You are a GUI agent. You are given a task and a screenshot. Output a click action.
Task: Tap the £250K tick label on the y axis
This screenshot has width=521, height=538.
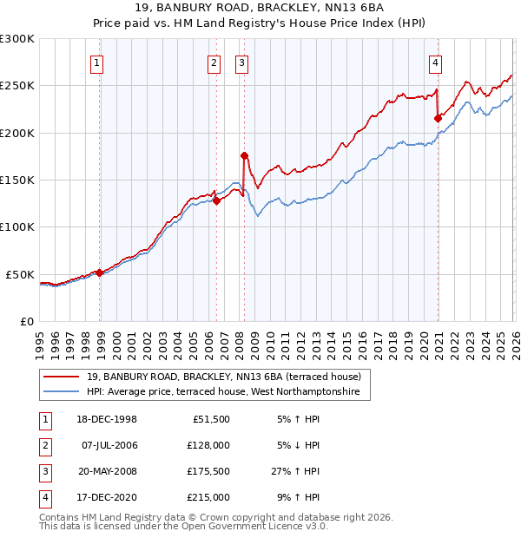[18, 86]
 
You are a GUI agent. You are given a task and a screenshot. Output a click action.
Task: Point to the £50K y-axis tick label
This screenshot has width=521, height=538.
[21, 274]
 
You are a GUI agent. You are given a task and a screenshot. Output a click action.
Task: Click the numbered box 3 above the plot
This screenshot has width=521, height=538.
[241, 62]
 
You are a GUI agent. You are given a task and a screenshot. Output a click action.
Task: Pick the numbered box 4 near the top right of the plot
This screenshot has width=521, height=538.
[435, 62]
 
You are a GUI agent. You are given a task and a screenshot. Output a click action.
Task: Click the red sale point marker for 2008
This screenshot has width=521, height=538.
[244, 156]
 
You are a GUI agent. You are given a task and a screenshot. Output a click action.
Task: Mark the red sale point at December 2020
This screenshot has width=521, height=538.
[438, 119]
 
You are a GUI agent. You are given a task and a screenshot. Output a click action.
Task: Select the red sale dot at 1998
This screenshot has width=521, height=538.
[100, 272]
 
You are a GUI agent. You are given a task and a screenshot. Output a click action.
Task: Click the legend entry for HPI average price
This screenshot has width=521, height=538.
[227, 392]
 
